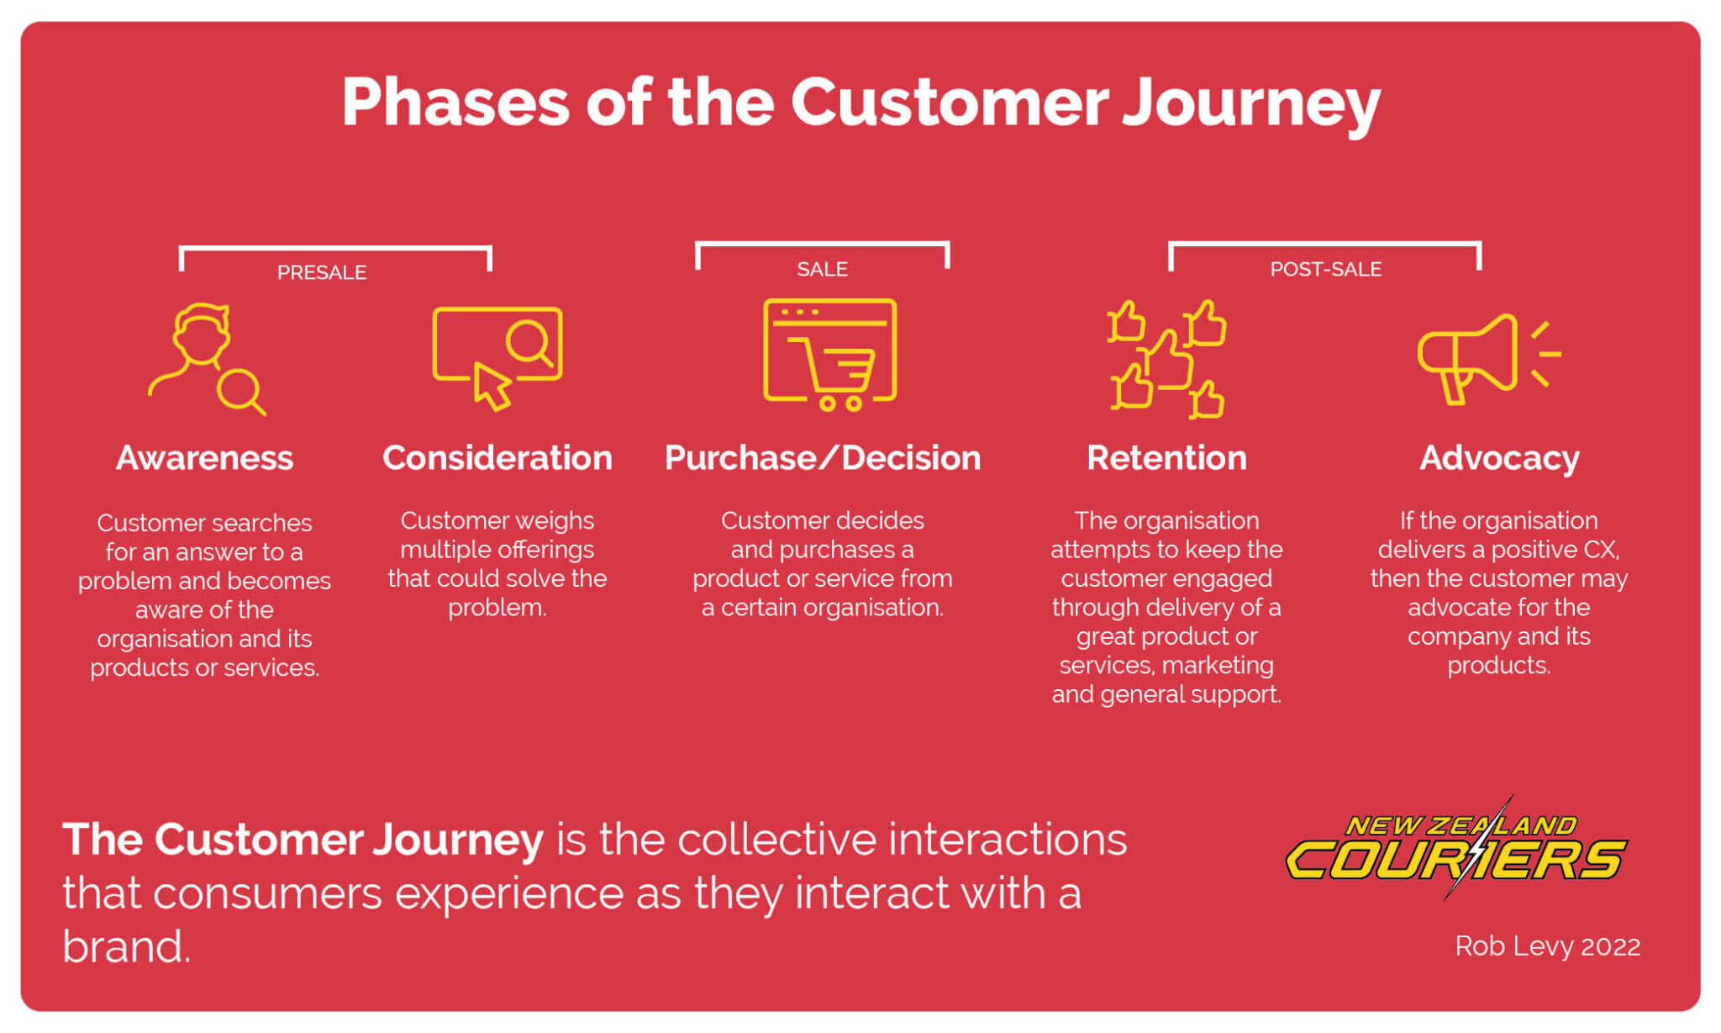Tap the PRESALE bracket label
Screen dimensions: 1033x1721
click(x=322, y=272)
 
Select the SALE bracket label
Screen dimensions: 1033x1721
click(x=822, y=269)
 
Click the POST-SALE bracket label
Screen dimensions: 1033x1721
click(x=1325, y=269)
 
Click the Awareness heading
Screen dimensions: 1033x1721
click(x=204, y=458)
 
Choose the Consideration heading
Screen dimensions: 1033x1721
click(x=497, y=458)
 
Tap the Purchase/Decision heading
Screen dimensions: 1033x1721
click(x=822, y=458)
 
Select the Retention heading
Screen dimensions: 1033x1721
click(x=1166, y=458)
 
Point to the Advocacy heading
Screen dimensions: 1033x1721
click(x=1499, y=458)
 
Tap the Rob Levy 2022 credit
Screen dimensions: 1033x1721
click(x=1547, y=946)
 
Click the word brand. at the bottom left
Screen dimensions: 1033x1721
click(x=126, y=947)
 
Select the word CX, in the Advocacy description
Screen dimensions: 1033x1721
click(x=1601, y=550)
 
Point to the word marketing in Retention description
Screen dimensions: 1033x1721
click(x=1224, y=666)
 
